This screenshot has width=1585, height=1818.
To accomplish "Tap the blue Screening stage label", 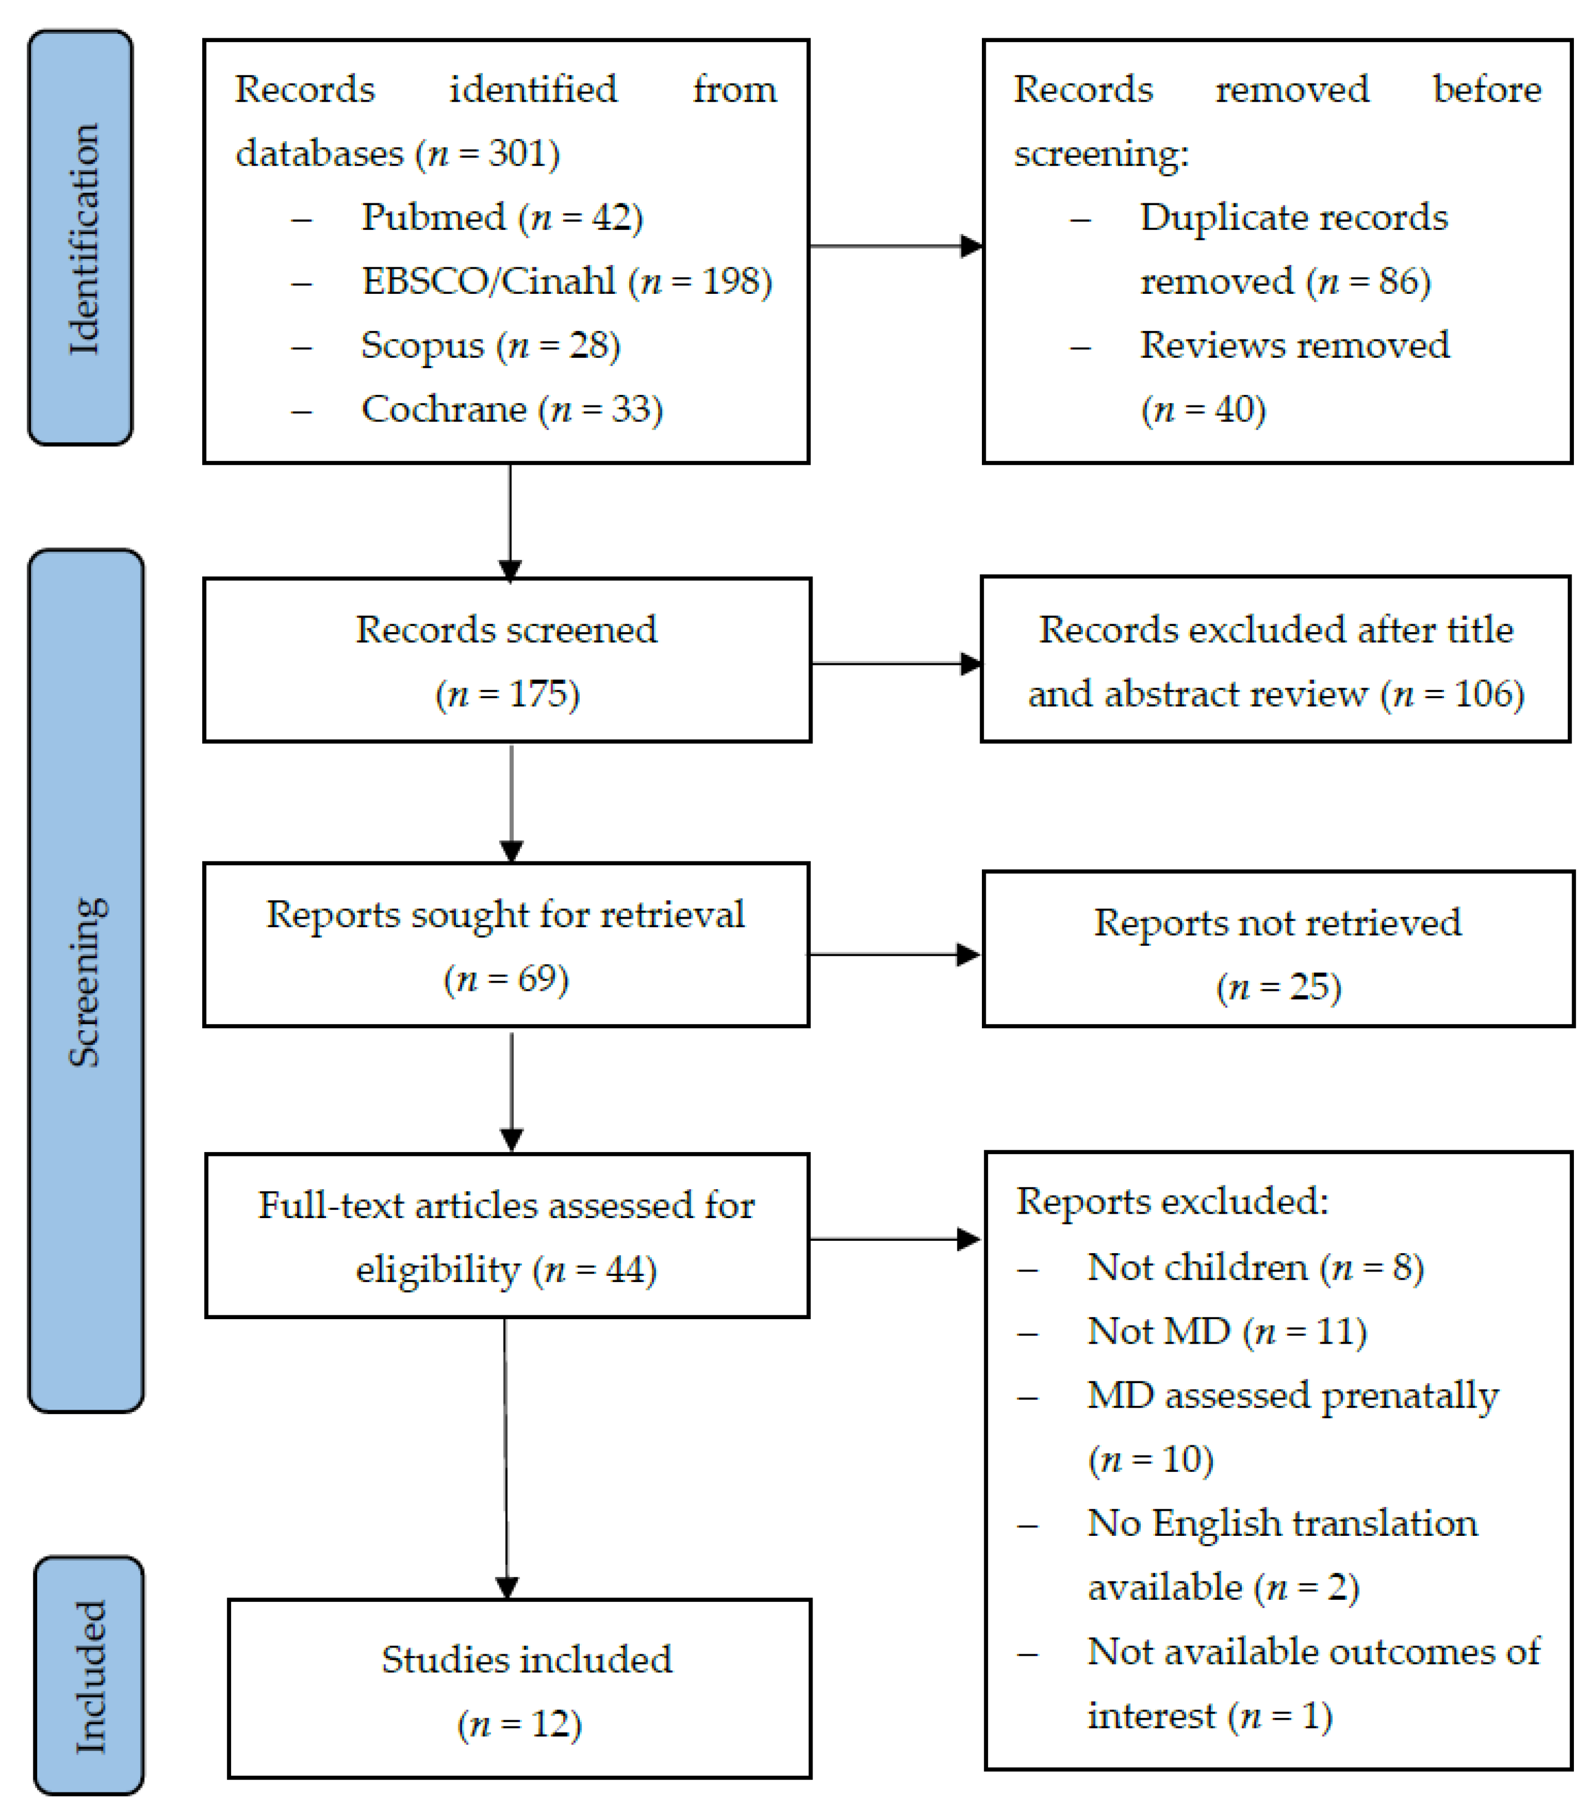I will click(x=86, y=980).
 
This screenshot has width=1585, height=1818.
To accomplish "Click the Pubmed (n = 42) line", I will click(x=501, y=218).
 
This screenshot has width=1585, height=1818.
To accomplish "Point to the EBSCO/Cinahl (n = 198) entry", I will click(x=566, y=281).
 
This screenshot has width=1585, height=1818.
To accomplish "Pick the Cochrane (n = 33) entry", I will click(x=511, y=409).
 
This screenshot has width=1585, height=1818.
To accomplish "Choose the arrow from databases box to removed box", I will click(x=895, y=246).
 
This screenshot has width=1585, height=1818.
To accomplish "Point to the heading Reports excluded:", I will click(x=1171, y=1202).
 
